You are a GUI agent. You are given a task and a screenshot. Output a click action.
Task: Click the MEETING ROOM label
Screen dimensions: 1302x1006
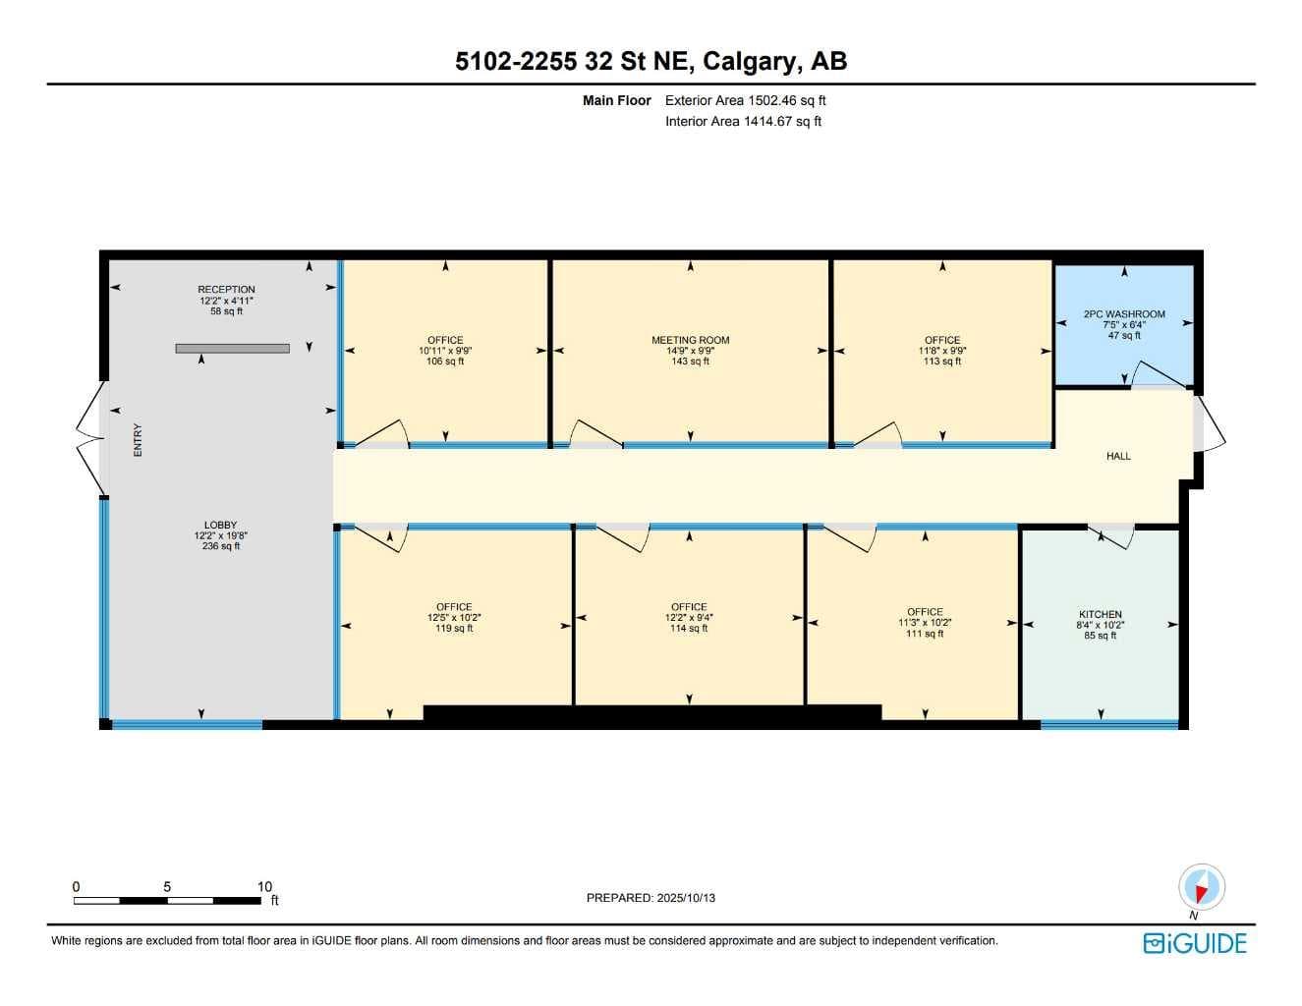point(690,340)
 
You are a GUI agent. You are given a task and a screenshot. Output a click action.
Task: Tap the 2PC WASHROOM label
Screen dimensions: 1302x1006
point(1124,313)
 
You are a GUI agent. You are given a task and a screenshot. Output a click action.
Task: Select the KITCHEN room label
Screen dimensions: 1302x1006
point(1101,614)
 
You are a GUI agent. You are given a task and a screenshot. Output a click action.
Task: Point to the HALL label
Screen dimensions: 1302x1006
point(1118,456)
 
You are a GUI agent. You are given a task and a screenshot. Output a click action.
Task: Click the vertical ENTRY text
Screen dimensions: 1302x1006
point(138,440)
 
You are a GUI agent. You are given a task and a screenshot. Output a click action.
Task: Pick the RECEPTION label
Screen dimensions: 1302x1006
point(226,289)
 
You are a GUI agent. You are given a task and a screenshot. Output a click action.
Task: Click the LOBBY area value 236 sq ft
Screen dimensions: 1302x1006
point(221,546)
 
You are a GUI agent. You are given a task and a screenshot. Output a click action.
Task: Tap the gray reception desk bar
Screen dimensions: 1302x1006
point(233,348)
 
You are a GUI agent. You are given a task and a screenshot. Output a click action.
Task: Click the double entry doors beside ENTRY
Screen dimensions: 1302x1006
point(89,438)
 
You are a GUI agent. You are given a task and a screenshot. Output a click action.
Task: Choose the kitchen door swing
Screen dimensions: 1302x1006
point(1111,537)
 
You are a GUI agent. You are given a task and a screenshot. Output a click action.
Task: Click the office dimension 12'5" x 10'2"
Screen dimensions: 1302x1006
point(454,617)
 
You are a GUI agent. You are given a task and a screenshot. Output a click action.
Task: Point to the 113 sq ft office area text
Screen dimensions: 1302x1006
point(942,362)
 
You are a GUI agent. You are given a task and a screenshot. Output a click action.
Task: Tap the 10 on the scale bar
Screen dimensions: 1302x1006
point(265,887)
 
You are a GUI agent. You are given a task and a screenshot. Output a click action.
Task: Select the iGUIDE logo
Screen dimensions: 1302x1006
point(1195,943)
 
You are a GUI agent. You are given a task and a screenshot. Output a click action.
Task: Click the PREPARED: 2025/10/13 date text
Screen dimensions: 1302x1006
point(651,898)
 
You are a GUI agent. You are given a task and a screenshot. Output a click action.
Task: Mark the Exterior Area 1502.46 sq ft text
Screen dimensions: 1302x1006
point(746,100)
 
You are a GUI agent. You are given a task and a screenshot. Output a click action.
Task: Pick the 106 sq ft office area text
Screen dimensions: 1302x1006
point(445,362)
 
